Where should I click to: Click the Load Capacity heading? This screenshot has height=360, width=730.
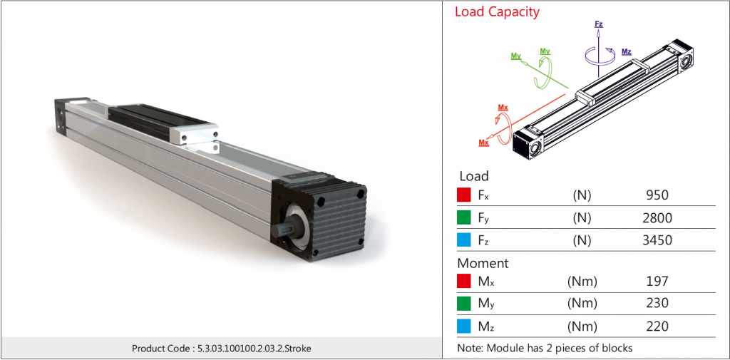(x=497, y=12)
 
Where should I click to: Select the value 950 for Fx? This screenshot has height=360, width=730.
(x=656, y=195)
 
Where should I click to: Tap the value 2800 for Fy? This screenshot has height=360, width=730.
(x=656, y=217)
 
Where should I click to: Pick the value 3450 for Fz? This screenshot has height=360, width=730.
(x=656, y=240)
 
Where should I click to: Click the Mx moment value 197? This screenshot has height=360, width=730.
(x=656, y=281)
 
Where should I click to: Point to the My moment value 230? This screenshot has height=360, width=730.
(x=656, y=303)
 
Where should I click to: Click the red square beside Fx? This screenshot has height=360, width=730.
(x=463, y=195)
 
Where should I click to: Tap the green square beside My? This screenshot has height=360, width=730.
(x=463, y=303)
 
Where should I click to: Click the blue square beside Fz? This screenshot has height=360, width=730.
(x=463, y=240)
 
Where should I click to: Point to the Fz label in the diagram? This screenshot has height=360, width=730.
(x=599, y=24)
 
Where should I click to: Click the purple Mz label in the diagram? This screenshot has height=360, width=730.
(x=626, y=52)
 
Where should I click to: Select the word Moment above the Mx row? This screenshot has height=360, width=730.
(x=483, y=263)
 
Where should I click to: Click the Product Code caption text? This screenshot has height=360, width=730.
(x=221, y=349)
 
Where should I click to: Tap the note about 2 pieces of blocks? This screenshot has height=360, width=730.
(x=545, y=348)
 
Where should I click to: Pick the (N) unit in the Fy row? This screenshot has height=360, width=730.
(x=582, y=217)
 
